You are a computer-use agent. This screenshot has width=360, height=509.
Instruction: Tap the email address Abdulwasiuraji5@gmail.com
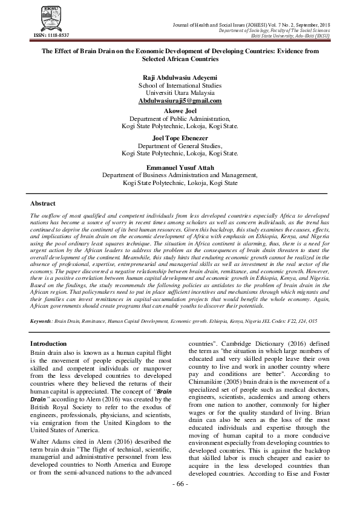coord(180,101)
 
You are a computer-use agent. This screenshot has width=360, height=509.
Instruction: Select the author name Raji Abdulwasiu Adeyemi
coord(180,79)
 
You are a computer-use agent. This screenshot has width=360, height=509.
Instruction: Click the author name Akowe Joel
coord(180,112)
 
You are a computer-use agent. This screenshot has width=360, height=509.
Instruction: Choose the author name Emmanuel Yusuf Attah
coord(180,167)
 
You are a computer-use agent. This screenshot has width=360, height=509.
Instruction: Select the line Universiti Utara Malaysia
coord(180,94)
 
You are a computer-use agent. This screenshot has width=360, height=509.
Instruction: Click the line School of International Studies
coord(180,86)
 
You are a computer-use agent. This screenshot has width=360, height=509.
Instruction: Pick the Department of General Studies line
coord(180,146)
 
